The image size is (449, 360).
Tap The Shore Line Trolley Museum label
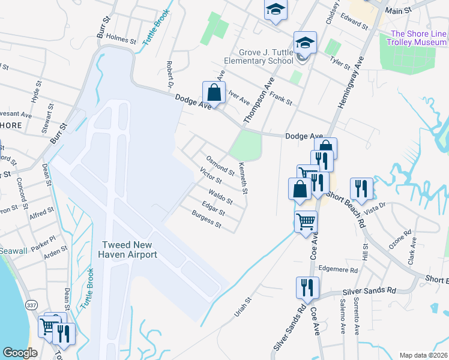tap(418, 38)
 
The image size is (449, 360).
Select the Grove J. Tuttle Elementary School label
tap(258, 56)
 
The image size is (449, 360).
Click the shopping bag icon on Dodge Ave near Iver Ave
tap(214, 93)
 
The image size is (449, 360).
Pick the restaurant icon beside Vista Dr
tap(361, 188)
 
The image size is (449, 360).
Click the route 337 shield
tap(29, 305)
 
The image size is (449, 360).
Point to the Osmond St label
tap(220, 165)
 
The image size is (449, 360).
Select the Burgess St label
tap(206, 221)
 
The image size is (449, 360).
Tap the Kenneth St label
tap(243, 178)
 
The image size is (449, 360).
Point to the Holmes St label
tap(121, 39)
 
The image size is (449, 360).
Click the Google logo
tap(20, 353)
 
